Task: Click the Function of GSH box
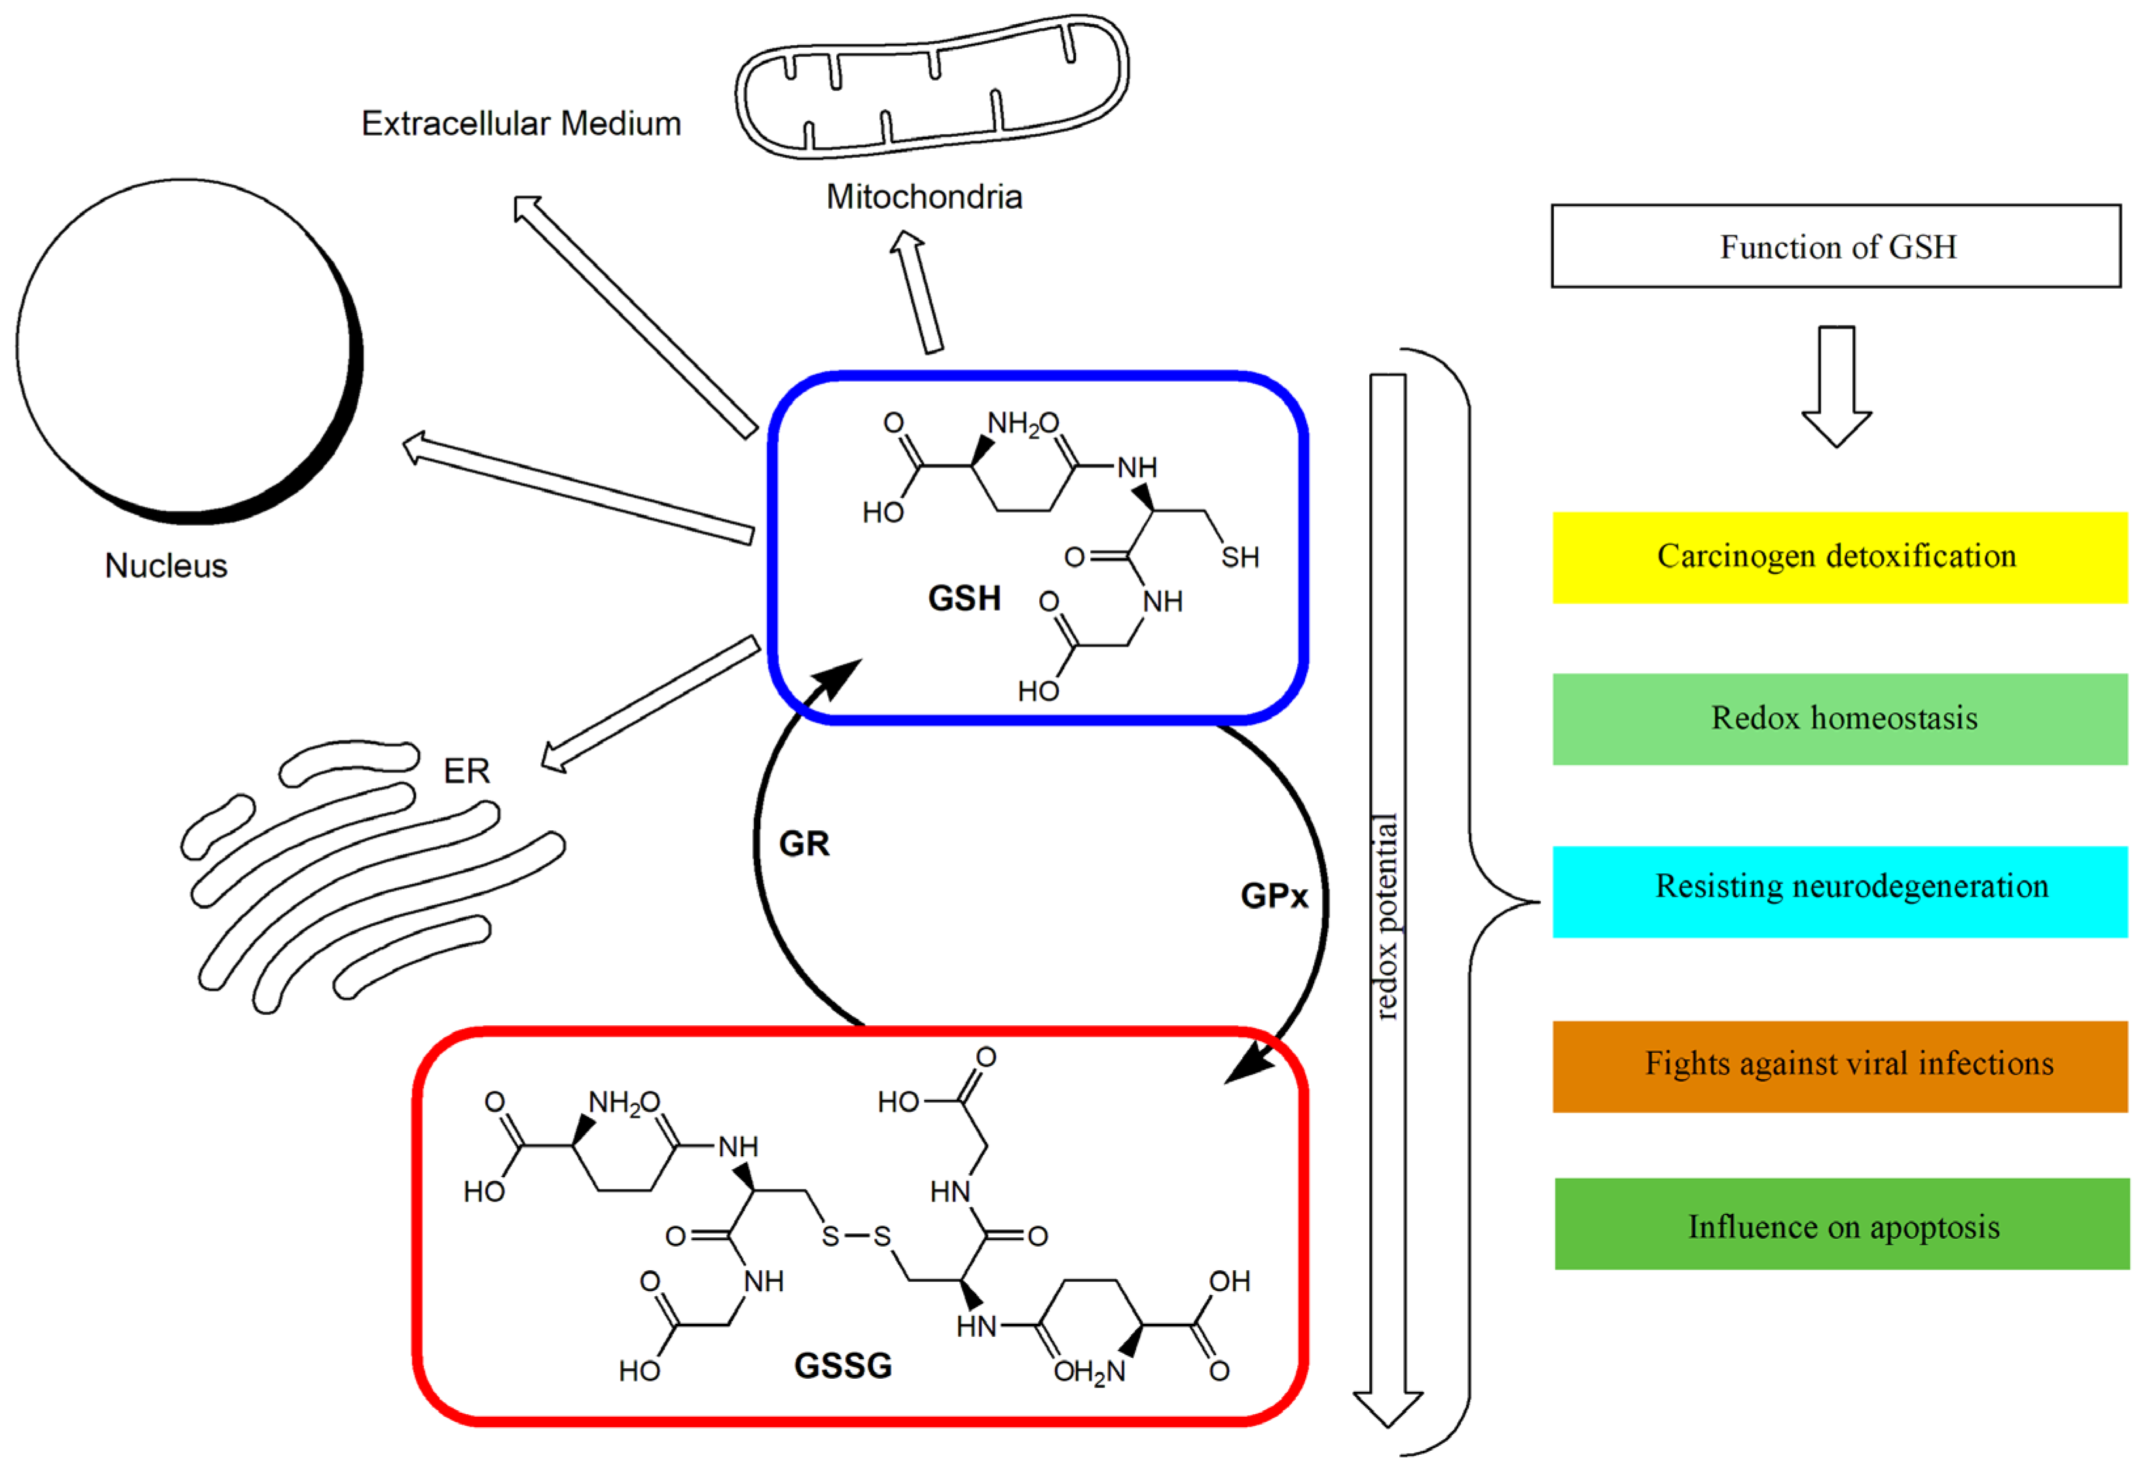tap(1835, 246)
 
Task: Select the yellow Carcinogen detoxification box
tap(1839, 557)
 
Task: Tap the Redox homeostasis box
tap(1839, 719)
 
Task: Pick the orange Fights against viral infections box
tap(1839, 1065)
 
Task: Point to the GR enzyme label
tap(803, 844)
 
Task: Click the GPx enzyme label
tap(1274, 896)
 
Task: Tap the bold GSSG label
tap(842, 1366)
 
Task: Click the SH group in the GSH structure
tap(1240, 557)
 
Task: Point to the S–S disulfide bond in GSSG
tap(856, 1236)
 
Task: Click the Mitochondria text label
tap(924, 197)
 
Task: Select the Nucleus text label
tap(166, 566)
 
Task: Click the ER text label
tap(466, 771)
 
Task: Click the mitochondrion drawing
tap(930, 88)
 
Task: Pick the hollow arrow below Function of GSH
tap(1836, 385)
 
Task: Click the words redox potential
tap(1386, 916)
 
